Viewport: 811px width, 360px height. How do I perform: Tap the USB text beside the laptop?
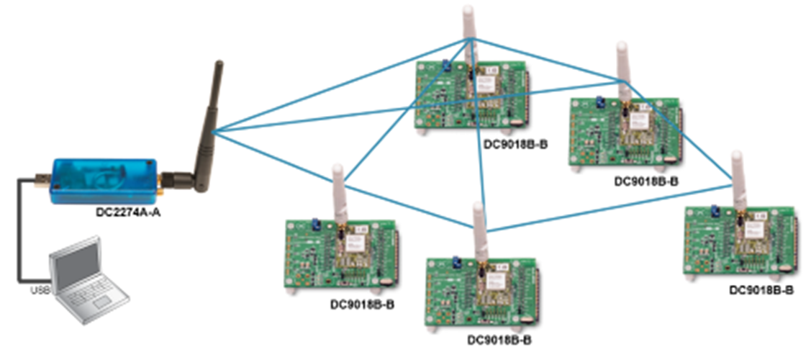point(40,290)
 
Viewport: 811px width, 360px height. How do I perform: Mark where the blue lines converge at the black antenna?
point(214,130)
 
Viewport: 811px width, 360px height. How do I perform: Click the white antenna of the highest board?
point(469,32)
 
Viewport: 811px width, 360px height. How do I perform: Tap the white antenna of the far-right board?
point(738,176)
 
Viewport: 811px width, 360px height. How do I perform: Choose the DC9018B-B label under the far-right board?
point(761,290)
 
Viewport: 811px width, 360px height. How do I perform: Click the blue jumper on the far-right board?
point(715,210)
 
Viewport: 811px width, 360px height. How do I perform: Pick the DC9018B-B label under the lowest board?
point(499,339)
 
